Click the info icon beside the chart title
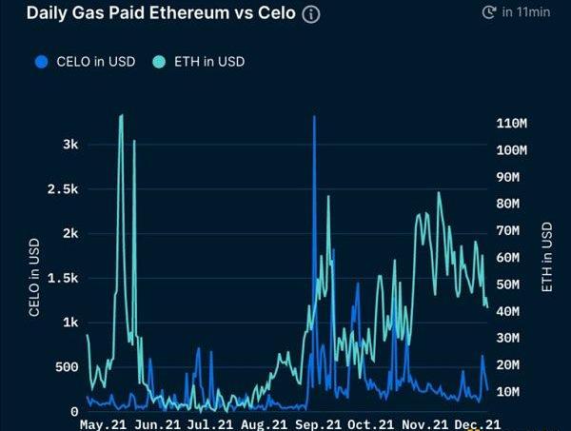(311, 14)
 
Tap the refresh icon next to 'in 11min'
(489, 12)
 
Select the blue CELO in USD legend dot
(42, 62)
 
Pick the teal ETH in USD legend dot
(159, 62)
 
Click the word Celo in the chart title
(277, 13)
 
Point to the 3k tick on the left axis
(70, 145)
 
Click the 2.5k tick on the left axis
(63, 189)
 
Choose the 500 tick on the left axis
(67, 367)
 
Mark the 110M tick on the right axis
(512, 124)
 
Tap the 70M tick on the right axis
(508, 231)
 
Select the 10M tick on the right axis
(508, 392)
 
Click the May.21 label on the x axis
(103, 424)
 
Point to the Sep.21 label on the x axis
(318, 424)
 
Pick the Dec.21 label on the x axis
(478, 424)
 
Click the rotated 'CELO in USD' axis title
(34, 278)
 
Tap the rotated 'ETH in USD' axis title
(546, 257)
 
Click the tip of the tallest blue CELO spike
(314, 116)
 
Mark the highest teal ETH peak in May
(121, 115)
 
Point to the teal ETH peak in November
(439, 192)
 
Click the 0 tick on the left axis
(74, 412)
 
